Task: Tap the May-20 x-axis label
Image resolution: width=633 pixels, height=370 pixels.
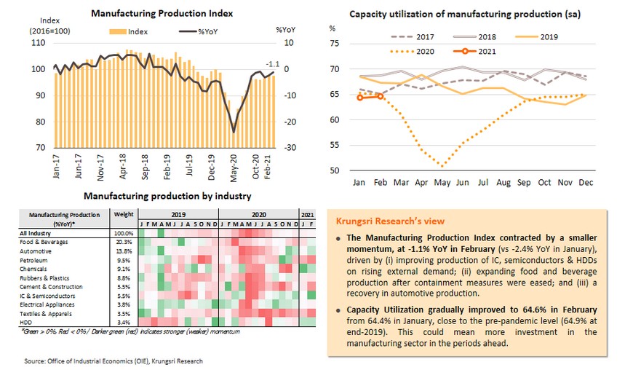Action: (234, 166)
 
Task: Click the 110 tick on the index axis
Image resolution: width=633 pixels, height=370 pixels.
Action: (39, 44)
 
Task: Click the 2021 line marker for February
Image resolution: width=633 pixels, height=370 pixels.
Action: (380, 96)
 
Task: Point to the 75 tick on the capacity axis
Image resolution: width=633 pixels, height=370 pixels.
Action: (334, 44)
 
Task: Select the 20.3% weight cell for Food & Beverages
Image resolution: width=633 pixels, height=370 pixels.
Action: (123, 241)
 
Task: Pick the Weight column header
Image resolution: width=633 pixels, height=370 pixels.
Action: (123, 215)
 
